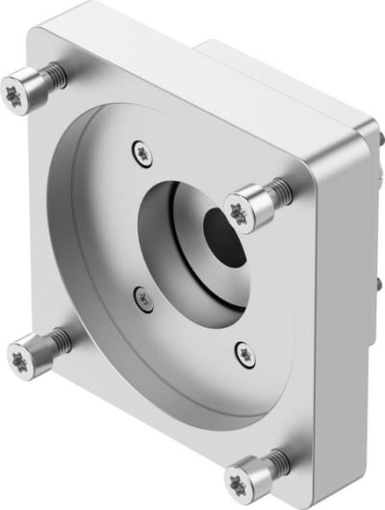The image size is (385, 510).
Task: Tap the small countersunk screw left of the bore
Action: point(142,299)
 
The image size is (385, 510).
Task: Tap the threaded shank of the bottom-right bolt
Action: point(276,465)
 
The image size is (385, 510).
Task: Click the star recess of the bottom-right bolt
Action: point(240,477)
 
